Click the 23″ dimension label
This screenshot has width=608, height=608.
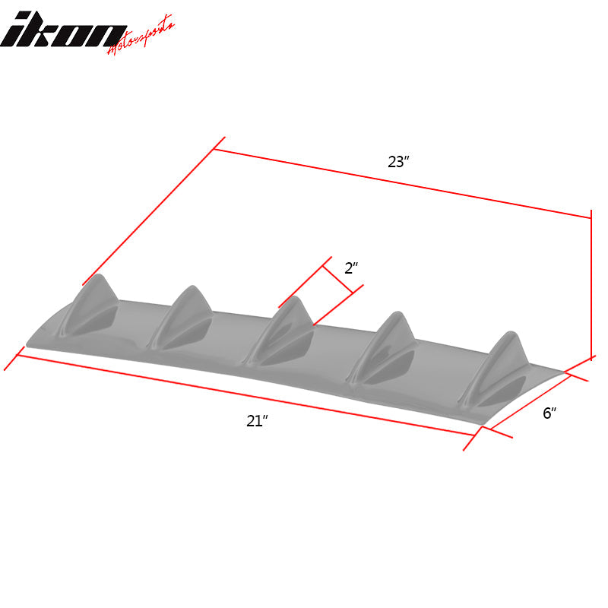pyautogui.click(x=398, y=162)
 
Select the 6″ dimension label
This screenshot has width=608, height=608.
pyautogui.click(x=549, y=413)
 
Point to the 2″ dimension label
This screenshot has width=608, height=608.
pyautogui.click(x=350, y=268)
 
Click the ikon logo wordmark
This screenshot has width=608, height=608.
pyautogui.click(x=65, y=31)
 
